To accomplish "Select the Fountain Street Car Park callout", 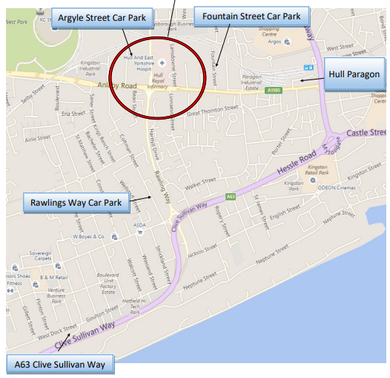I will [x=247, y=16].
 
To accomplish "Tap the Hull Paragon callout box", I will [x=355, y=75].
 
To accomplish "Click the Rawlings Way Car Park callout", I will [x=76, y=201].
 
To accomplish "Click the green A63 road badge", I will [x=231, y=196].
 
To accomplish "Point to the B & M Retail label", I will [x=54, y=277].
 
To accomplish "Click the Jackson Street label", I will [x=202, y=253].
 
